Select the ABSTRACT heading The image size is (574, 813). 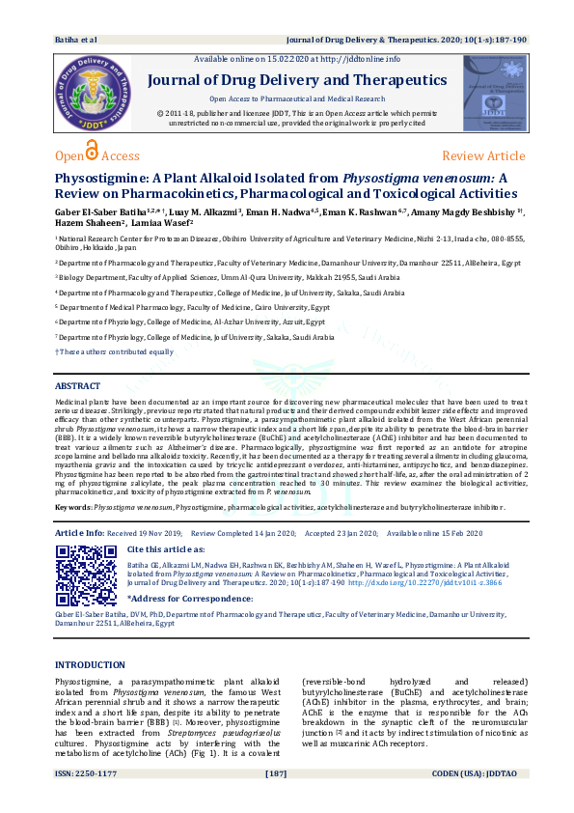click(x=77, y=385)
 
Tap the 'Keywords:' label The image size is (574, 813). click(x=73, y=507)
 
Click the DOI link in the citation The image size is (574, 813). click(x=421, y=582)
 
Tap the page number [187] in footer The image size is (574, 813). click(x=277, y=800)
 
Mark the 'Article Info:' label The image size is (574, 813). click(x=80, y=533)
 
